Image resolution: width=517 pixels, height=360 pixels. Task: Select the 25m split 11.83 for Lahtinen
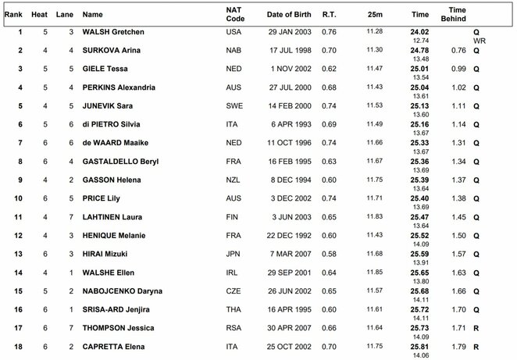(376, 217)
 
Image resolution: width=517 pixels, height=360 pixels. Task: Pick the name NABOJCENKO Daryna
(122, 291)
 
